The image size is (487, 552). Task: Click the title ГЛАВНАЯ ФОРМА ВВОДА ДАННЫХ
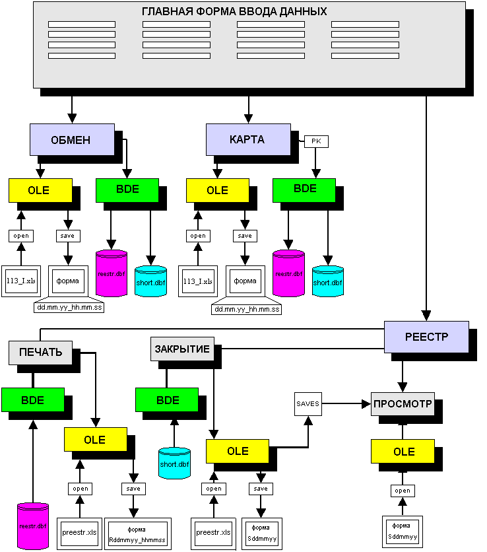click(x=234, y=12)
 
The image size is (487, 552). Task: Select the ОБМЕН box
click(x=71, y=139)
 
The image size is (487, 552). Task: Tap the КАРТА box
click(x=247, y=139)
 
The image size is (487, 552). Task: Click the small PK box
click(x=315, y=141)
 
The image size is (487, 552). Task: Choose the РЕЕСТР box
click(x=426, y=337)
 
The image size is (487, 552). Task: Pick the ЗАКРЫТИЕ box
click(x=182, y=349)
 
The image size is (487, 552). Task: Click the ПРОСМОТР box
click(x=403, y=403)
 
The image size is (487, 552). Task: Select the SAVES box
click(x=308, y=403)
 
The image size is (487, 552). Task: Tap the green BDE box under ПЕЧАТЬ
click(x=32, y=400)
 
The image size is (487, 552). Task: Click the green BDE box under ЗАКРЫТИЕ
click(x=167, y=400)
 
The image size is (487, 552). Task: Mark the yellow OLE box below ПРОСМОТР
click(x=403, y=452)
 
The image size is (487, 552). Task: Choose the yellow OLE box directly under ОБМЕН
click(x=40, y=190)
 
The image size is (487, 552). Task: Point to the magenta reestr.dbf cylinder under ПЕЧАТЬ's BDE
click(x=33, y=526)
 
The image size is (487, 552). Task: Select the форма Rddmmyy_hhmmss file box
click(x=137, y=534)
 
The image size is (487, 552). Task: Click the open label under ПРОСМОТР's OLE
click(x=403, y=491)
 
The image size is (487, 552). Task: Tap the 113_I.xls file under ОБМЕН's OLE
click(x=20, y=281)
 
